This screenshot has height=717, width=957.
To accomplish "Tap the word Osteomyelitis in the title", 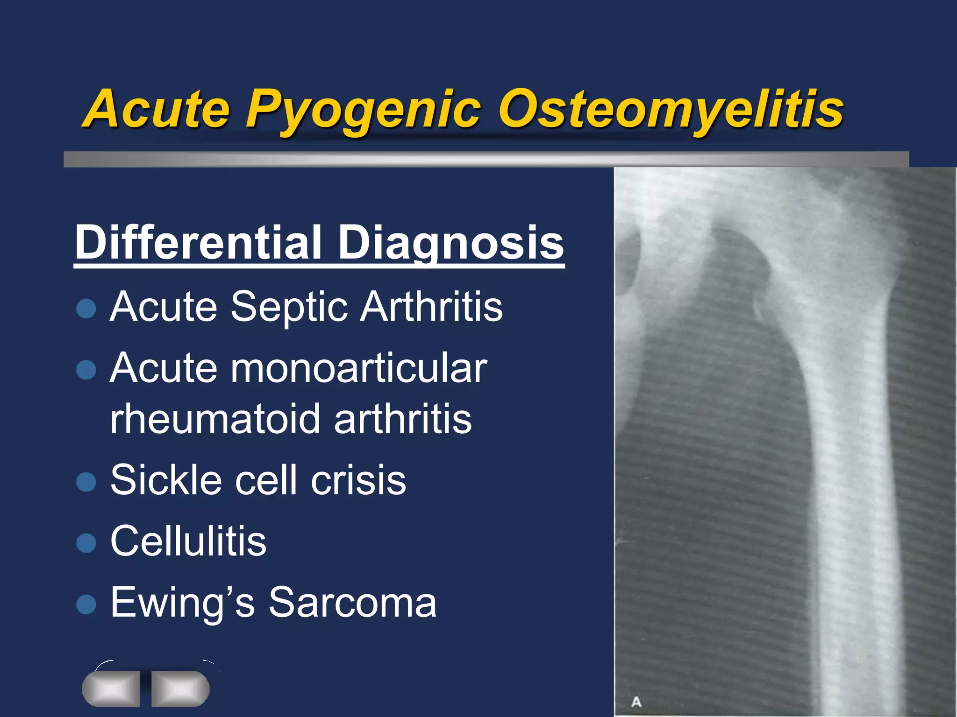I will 671,111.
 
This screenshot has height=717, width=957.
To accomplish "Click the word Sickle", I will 166,480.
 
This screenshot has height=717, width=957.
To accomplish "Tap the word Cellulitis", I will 188,541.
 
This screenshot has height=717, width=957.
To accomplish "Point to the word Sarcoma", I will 352,603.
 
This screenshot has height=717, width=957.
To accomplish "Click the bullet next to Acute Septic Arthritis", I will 86,309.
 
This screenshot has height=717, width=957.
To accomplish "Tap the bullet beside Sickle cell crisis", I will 86,481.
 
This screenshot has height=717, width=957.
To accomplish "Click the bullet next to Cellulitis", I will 86,542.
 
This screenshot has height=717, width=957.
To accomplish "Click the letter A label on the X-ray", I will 636,702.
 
